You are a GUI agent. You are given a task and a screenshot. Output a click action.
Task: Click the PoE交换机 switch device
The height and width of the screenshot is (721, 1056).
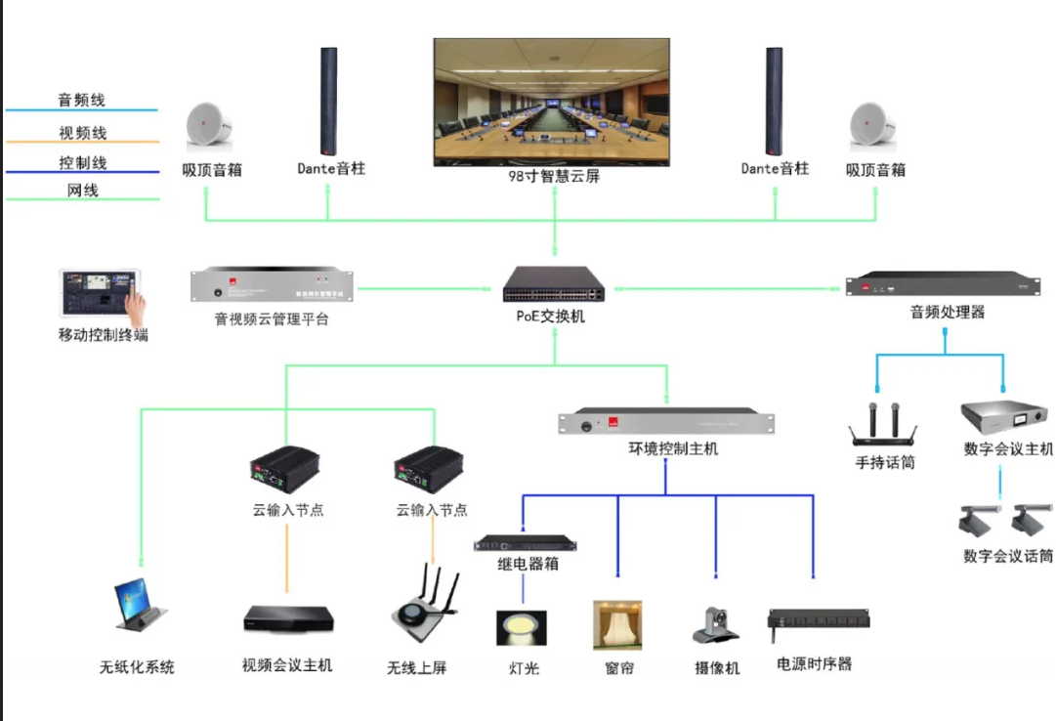(x=553, y=284)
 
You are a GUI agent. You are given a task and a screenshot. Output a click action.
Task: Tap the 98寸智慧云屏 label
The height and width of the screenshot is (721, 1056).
(x=553, y=177)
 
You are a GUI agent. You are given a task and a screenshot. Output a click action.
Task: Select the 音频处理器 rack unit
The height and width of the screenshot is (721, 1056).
(x=942, y=285)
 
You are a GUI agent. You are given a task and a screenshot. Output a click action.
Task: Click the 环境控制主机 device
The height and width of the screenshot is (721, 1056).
(x=666, y=422)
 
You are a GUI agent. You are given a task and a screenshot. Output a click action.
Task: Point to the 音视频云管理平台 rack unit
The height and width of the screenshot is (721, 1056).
(x=273, y=286)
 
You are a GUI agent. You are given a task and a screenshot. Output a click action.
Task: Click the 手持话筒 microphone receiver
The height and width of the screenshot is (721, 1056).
(x=883, y=428)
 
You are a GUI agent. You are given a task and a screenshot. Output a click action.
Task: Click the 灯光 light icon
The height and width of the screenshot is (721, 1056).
(x=523, y=628)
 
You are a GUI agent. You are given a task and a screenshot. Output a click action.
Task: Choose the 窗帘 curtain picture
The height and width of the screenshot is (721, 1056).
(x=617, y=625)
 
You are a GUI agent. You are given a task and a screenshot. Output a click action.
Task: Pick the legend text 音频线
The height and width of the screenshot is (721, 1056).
(x=81, y=101)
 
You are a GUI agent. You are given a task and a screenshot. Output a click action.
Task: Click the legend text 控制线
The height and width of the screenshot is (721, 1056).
(x=82, y=163)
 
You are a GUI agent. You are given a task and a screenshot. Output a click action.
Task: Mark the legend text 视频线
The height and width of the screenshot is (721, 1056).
(x=82, y=133)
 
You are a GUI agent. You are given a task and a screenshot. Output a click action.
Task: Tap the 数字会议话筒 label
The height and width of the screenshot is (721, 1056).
(x=1007, y=557)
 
